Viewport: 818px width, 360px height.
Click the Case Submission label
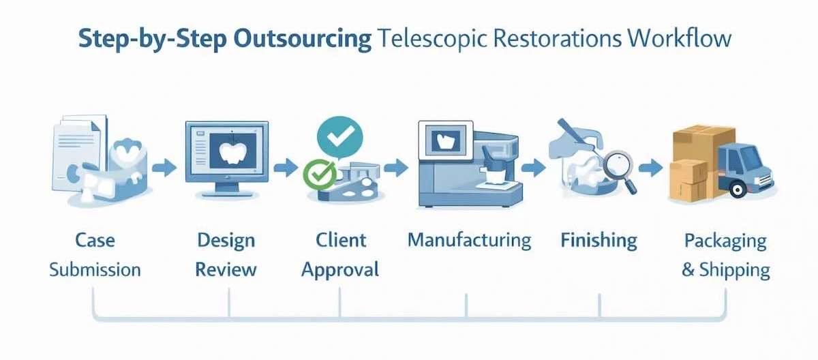click(x=95, y=255)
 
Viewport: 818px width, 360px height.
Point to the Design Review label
click(x=226, y=255)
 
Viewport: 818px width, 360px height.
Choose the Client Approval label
click(x=340, y=255)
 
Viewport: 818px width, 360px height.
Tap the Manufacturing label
click(x=469, y=241)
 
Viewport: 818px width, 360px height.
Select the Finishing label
click(x=599, y=241)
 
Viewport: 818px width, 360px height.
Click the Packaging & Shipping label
click(x=725, y=255)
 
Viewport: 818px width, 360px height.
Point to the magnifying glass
click(x=619, y=167)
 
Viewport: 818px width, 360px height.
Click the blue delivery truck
click(x=746, y=168)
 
